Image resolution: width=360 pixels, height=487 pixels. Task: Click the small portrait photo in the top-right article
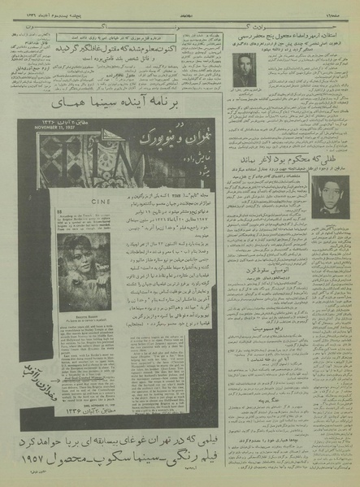(x=244, y=69)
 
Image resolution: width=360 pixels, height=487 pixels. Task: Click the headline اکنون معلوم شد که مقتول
(x=148, y=47)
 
